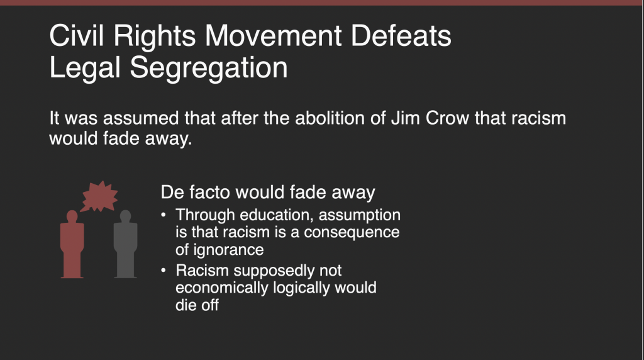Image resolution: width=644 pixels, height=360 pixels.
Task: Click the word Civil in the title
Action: tap(76, 35)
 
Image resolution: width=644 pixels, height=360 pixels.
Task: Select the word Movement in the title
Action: tap(273, 36)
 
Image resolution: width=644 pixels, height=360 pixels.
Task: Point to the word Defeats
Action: tap(401, 36)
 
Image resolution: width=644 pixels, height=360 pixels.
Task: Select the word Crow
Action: tap(447, 118)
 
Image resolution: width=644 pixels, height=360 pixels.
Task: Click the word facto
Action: tap(208, 193)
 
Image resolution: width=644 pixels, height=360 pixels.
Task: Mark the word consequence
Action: tap(352, 233)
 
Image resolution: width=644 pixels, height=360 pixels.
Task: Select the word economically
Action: tap(222, 288)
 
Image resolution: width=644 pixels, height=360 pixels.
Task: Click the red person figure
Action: tap(72, 245)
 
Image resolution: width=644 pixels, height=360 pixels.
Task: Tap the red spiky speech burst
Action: tap(99, 196)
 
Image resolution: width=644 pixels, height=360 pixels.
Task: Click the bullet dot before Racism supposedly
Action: tap(164, 271)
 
